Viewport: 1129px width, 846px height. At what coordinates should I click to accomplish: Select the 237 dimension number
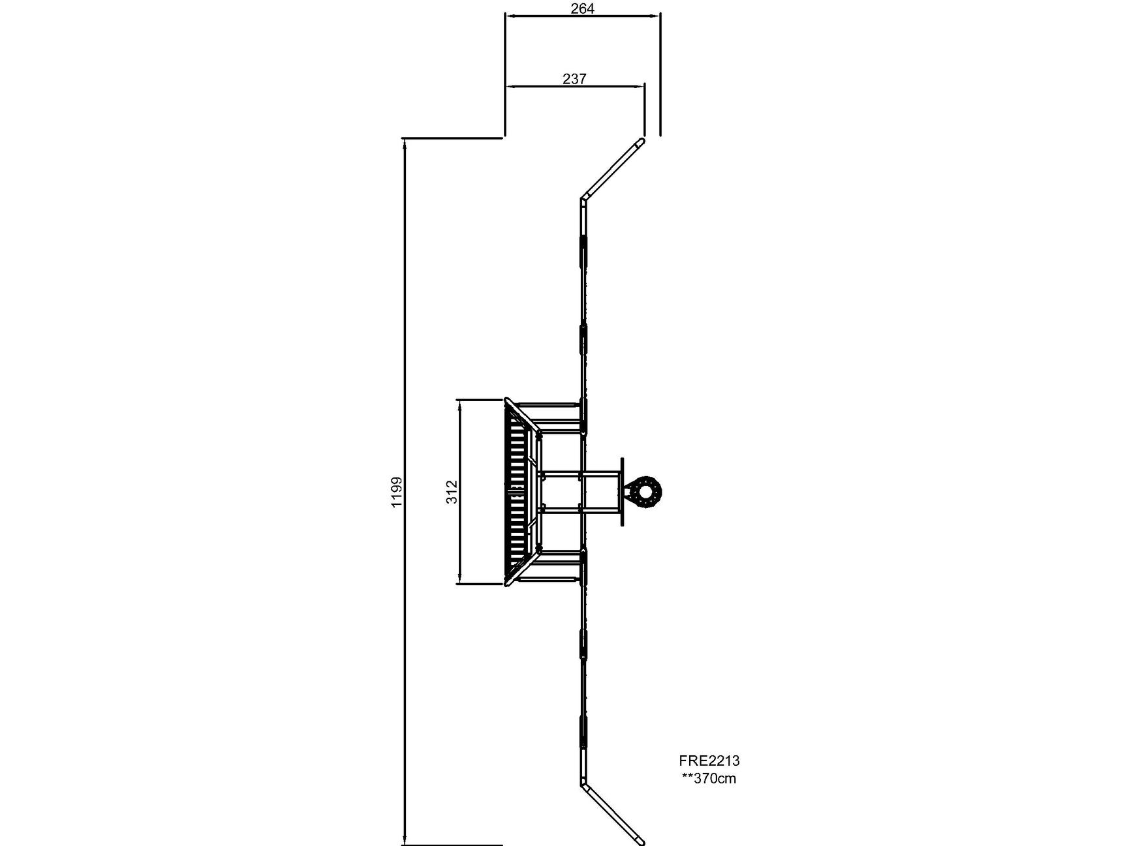574,79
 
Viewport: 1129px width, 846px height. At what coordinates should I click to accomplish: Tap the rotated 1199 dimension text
397,492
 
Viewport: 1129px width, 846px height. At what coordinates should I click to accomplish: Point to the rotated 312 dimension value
452,492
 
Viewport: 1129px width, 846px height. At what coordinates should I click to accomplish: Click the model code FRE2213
709,761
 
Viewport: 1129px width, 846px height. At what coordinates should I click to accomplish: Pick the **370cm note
709,778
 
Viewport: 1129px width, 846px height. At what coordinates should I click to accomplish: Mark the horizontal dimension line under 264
583,16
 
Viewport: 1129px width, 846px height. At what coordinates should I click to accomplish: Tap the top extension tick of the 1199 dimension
453,138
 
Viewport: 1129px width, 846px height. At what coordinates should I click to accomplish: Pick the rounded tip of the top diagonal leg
642,141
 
